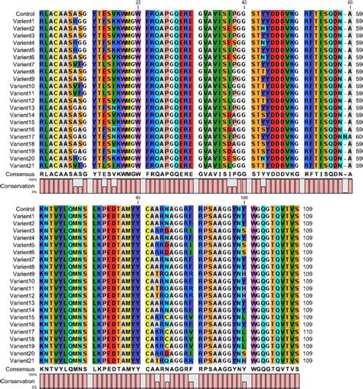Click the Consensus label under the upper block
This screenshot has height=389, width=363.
(x=19, y=175)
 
